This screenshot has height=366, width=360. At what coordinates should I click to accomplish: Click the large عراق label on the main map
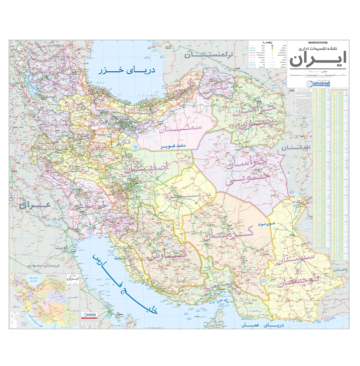(x=35, y=205)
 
